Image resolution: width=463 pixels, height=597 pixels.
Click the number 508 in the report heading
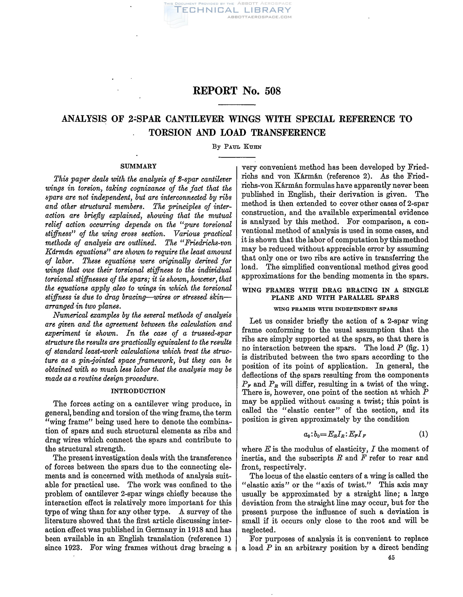[272, 91]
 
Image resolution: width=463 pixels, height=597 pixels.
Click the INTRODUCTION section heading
[138, 391]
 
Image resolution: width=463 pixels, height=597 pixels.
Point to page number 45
[391, 558]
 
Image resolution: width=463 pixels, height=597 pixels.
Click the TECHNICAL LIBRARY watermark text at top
[232, 10]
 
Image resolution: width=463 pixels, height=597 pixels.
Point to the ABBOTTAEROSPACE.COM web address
[259, 17]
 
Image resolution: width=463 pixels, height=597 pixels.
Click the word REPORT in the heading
[215, 91]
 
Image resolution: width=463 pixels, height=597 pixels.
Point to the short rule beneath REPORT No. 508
[237, 105]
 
